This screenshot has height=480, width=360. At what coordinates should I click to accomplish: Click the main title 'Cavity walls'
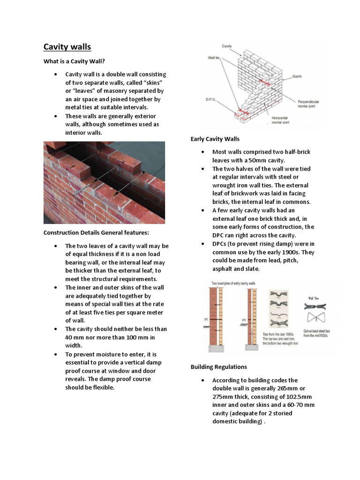67,47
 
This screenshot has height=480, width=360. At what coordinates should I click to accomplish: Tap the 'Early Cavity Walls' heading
215,139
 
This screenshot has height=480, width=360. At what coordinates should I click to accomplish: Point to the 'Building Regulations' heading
218,367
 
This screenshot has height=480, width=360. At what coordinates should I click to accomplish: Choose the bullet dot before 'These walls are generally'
55,116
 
